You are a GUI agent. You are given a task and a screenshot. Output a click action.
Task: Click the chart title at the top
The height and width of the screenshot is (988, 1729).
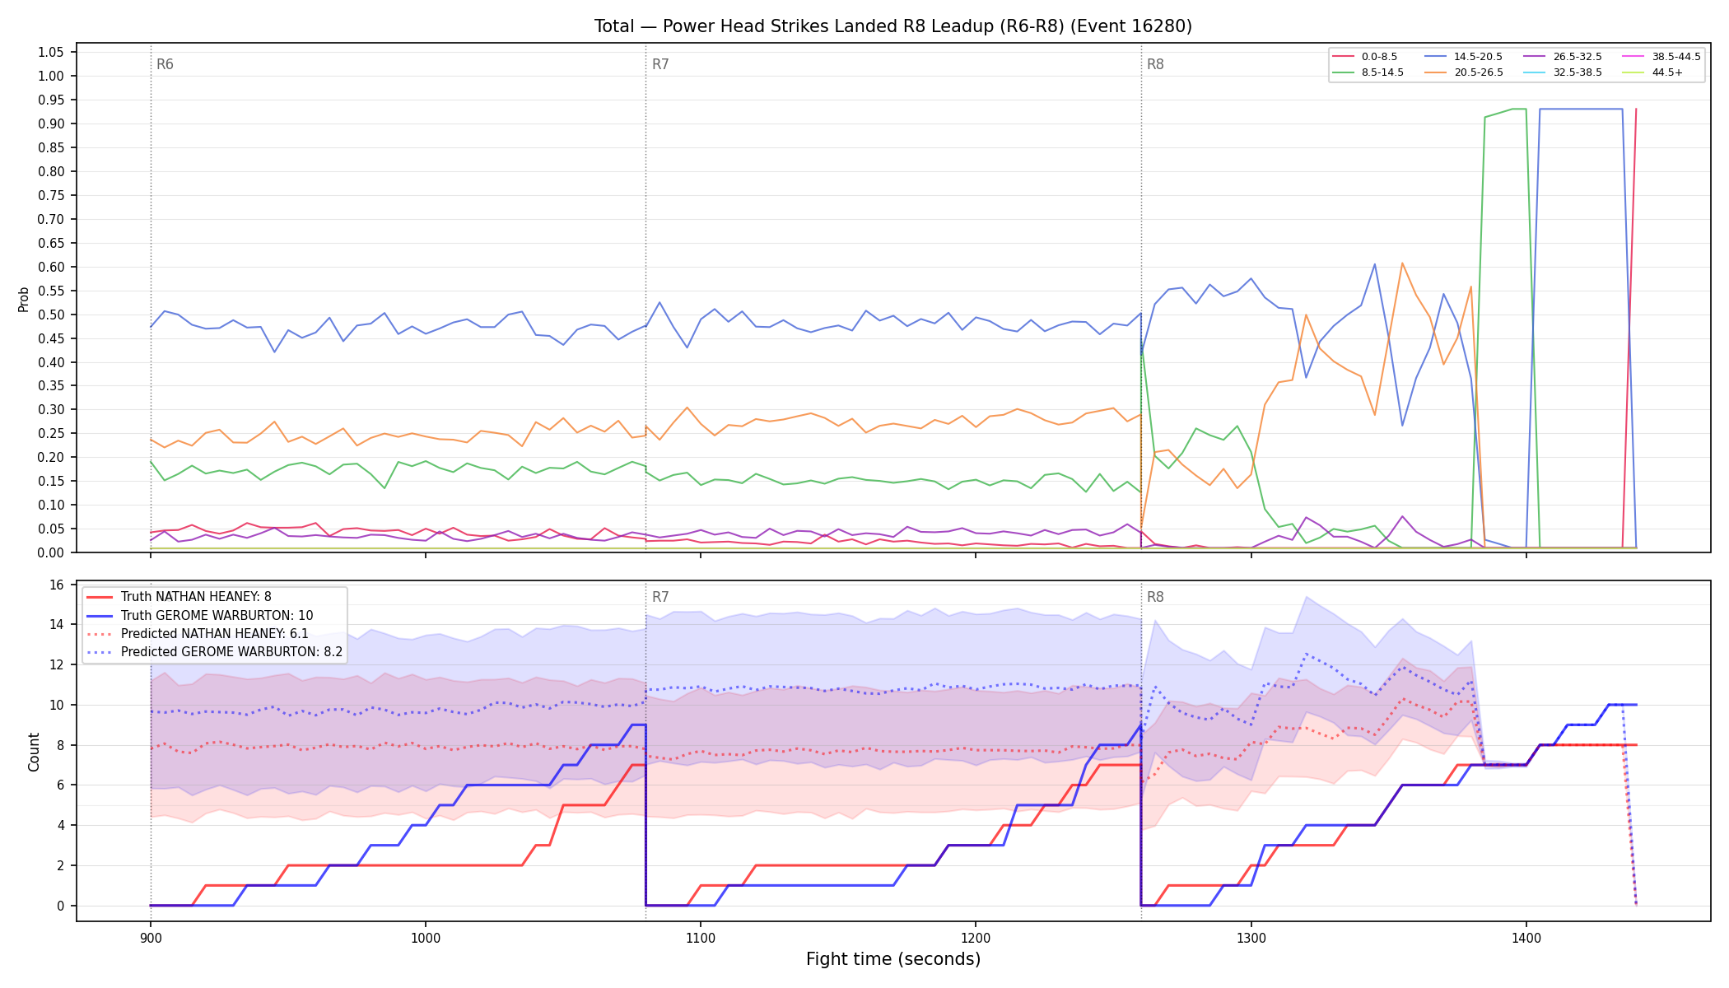[x=893, y=26]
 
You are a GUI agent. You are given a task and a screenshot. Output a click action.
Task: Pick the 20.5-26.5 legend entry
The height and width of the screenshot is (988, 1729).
[x=1465, y=72]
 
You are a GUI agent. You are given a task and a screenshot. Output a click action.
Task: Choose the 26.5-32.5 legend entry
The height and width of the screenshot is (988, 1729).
[x=1564, y=57]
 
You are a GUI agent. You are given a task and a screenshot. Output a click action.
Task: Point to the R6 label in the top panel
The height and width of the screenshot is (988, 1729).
[x=165, y=64]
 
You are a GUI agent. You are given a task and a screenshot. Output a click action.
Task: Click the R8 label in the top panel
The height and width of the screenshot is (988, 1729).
[x=1155, y=64]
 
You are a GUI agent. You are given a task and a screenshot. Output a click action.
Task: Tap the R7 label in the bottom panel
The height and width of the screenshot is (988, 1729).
[x=660, y=597]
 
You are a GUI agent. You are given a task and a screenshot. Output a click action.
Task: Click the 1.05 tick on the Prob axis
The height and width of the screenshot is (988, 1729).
[x=51, y=53]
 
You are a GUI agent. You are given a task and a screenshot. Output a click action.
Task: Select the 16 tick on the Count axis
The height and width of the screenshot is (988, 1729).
[x=57, y=585]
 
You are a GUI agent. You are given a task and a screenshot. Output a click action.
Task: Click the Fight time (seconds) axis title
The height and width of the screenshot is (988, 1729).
[x=893, y=959]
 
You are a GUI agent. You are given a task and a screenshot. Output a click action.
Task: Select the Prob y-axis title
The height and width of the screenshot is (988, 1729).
[x=24, y=299]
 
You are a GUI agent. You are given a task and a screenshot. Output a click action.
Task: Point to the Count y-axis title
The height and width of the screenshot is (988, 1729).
[x=34, y=752]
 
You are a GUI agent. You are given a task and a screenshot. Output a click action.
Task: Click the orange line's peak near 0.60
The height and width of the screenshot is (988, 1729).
[x=1402, y=263]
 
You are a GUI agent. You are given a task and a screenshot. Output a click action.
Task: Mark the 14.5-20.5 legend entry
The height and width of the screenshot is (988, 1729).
[x=1465, y=57]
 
